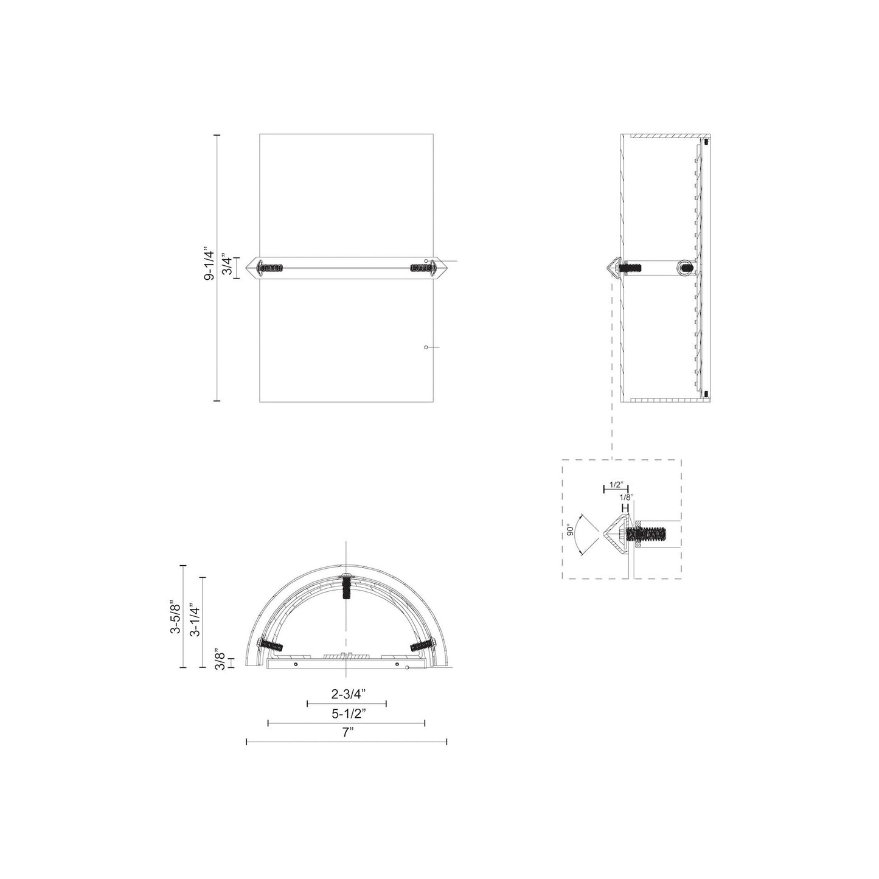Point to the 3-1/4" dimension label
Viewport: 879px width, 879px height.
pos(194,620)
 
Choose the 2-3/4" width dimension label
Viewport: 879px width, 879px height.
pos(347,693)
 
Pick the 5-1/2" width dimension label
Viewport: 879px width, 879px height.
pos(347,713)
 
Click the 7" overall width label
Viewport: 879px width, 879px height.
pos(347,732)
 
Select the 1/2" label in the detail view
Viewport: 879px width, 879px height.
pos(616,485)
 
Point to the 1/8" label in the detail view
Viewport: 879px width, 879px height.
pos(627,496)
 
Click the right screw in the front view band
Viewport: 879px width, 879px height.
pos(421,267)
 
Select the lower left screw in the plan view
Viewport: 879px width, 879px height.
pos(271,645)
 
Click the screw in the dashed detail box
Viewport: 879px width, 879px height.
pos(647,534)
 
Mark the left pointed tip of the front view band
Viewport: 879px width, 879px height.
pos(247,267)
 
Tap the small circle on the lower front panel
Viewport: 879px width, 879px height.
pos(426,347)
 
